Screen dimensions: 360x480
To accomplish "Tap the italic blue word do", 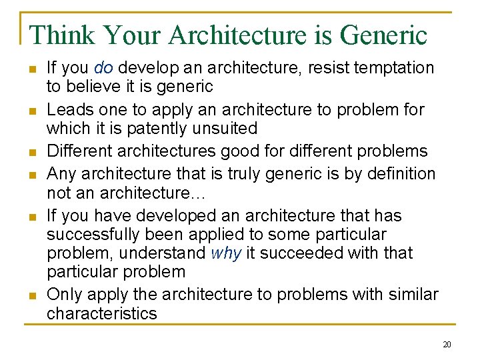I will tap(103, 68).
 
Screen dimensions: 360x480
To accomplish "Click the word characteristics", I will tap(101, 313).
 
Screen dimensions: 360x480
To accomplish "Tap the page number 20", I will tap(446, 345).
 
